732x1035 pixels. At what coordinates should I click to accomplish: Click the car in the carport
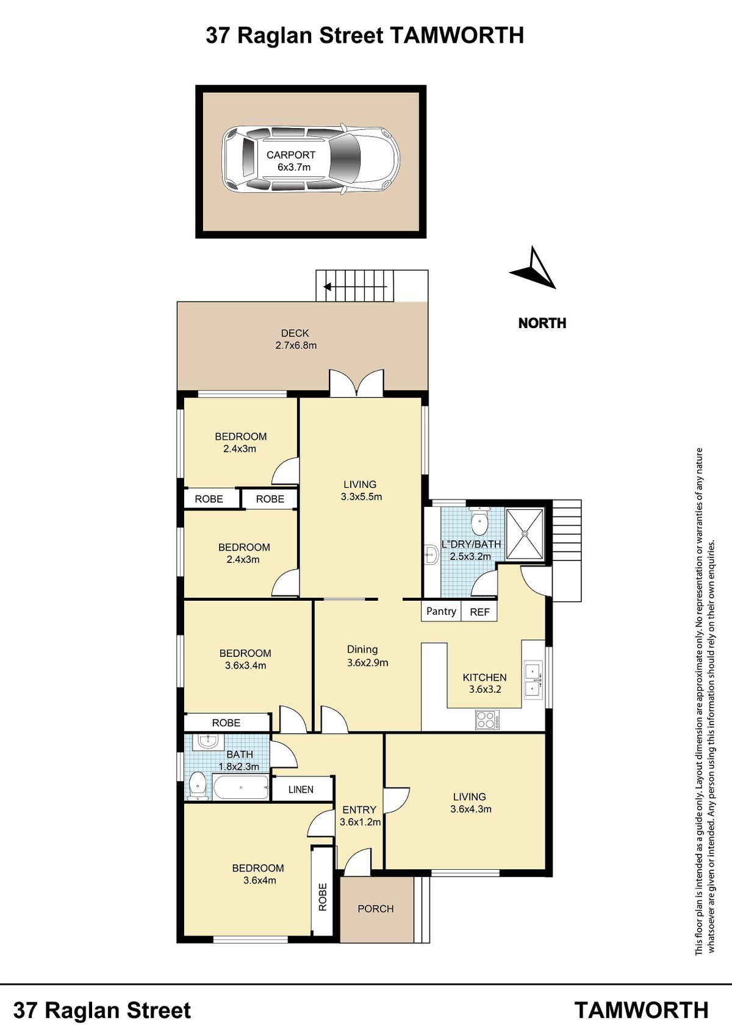tap(311, 159)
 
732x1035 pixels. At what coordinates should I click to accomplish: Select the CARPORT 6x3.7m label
tap(291, 161)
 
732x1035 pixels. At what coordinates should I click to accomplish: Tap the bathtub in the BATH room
tap(240, 787)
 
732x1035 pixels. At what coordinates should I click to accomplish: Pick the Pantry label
tap(441, 611)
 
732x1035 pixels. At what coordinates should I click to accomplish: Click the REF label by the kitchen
tap(479, 612)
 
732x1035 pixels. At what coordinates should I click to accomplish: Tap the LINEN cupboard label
tap(301, 790)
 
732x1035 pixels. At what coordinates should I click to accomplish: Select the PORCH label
tap(376, 908)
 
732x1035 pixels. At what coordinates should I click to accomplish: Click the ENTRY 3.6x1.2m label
tap(360, 815)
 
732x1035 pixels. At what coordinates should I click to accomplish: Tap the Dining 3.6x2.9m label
tap(367, 656)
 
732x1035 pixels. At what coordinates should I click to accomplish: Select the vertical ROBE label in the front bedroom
tap(323, 897)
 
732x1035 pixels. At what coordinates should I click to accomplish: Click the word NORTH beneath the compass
tap(542, 323)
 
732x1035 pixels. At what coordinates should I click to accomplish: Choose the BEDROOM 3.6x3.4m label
tap(245, 659)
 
